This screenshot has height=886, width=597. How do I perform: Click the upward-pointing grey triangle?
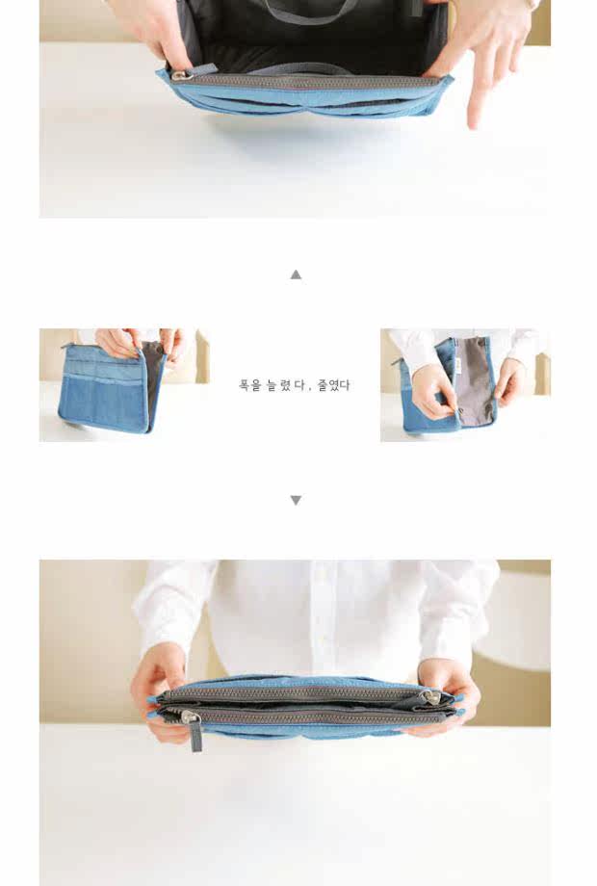coord(296,274)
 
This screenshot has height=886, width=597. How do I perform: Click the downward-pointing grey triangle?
coord(296,500)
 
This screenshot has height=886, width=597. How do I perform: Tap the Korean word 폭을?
coord(249,385)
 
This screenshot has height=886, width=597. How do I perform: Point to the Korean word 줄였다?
coord(333,385)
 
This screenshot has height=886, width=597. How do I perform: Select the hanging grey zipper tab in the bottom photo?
coord(195,735)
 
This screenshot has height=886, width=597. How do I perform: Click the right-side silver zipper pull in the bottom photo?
coord(430,698)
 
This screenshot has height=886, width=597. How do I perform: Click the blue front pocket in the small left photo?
coord(103,404)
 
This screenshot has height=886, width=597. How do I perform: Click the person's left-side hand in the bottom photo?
coord(159,695)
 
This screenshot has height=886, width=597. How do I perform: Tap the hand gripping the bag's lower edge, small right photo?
coord(436,394)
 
